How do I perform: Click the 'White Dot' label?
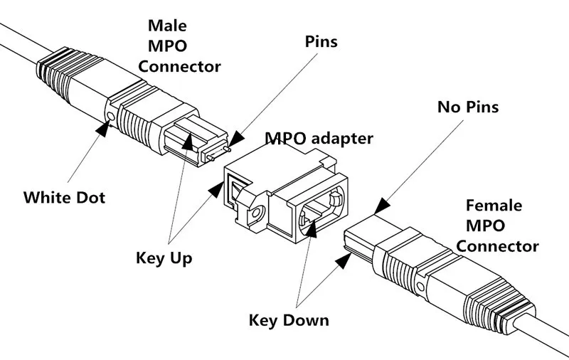tap(64, 196)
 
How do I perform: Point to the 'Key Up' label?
tap(164, 258)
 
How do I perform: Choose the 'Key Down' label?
tap(289, 319)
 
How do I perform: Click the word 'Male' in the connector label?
tap(168, 26)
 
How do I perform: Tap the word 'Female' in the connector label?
tap(494, 206)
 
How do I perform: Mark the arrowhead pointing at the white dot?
tap(104, 129)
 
